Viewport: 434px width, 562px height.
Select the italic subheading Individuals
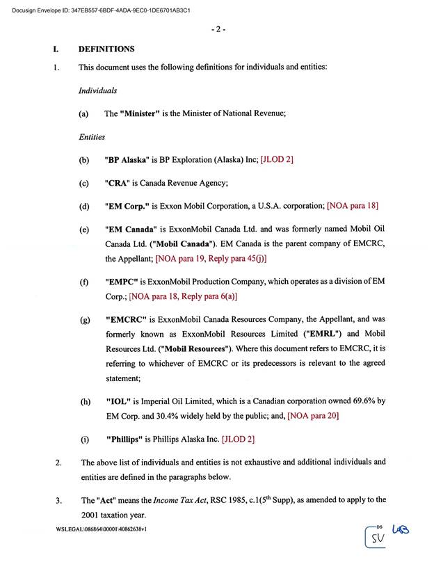[97, 90]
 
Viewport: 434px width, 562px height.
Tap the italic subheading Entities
[92, 137]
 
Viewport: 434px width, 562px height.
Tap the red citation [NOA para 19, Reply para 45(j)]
[211, 259]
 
